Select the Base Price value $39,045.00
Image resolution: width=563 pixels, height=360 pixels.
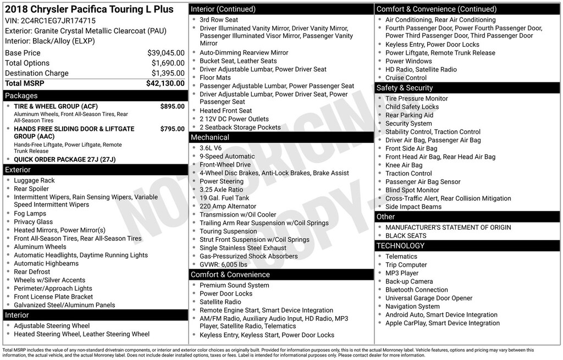(x=165, y=53)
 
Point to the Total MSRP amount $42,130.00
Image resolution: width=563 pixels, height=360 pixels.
(x=165, y=84)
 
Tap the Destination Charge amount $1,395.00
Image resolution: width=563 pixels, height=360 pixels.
(x=168, y=73)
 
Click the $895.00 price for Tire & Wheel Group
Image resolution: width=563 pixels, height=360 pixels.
(x=172, y=106)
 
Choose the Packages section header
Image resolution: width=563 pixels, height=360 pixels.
(x=21, y=96)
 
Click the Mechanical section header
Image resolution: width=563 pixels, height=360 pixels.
(x=210, y=137)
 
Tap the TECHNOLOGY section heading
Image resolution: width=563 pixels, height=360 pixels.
(x=401, y=246)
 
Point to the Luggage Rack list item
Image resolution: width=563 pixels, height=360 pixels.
(x=34, y=180)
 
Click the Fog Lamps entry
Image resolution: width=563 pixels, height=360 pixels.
(x=30, y=213)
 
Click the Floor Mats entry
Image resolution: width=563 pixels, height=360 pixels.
(x=215, y=77)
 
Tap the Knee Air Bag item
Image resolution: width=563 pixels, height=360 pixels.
(x=404, y=165)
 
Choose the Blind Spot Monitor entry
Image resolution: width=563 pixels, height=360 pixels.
(x=412, y=190)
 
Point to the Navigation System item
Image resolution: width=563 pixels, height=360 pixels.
(x=412, y=307)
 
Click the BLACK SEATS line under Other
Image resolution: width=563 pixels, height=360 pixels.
(x=406, y=236)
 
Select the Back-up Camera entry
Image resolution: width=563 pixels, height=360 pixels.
(x=409, y=281)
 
